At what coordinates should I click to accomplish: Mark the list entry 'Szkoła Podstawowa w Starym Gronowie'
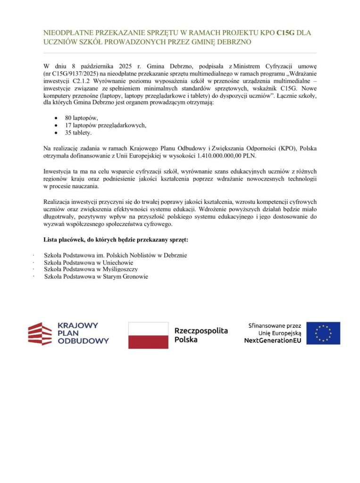coord(96,276)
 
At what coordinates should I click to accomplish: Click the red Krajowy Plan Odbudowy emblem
coord(40,333)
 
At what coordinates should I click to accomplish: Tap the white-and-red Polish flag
coord(148,335)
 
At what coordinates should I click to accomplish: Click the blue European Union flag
coord(323,333)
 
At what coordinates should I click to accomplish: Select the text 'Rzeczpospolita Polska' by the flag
coord(201,335)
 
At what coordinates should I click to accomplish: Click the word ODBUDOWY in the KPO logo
coord(83,341)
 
